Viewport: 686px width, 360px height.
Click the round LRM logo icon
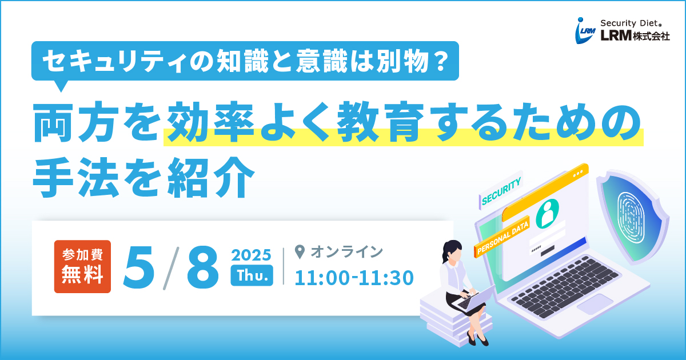pyautogui.click(x=585, y=31)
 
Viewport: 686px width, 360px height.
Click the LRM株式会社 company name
pyautogui.click(x=635, y=36)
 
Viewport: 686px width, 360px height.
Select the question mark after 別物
pyautogui.click(x=441, y=61)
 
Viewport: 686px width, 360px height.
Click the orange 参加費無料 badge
pyautogui.click(x=82, y=266)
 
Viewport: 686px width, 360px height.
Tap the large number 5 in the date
pyautogui.click(x=138, y=267)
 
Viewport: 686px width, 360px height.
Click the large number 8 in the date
pyautogui.click(x=203, y=267)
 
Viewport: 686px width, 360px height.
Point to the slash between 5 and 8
pyautogui.click(x=171, y=268)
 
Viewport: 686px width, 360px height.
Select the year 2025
pyautogui.click(x=252, y=255)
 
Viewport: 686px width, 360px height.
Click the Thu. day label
pyautogui.click(x=252, y=275)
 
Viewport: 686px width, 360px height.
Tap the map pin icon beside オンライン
pyautogui.click(x=300, y=252)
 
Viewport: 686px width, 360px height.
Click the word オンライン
pyautogui.click(x=346, y=252)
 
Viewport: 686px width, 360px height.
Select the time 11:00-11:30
pyautogui.click(x=354, y=278)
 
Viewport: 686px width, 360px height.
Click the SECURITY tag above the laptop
pyautogui.click(x=501, y=191)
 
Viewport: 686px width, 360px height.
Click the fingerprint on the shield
pyautogui.click(x=631, y=218)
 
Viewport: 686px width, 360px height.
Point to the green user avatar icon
pyautogui.click(x=547, y=214)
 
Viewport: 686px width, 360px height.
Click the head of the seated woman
pyautogui.click(x=452, y=251)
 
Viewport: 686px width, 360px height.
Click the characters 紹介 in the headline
pyautogui.click(x=211, y=178)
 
